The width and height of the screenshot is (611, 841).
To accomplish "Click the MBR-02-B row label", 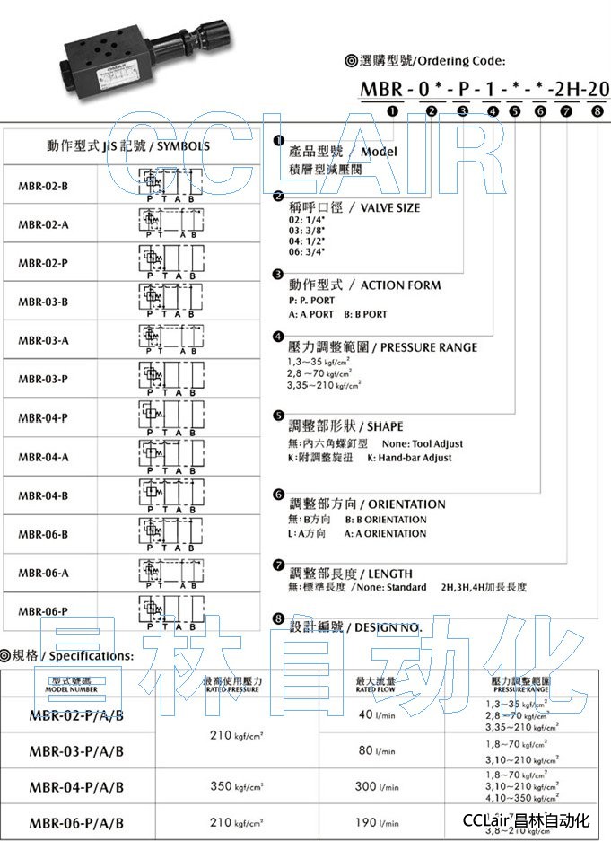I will (x=43, y=186).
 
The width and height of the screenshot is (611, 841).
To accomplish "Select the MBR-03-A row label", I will (x=43, y=340).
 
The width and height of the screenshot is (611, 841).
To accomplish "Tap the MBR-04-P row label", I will (x=43, y=417).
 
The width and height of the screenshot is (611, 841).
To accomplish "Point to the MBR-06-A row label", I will (x=43, y=572).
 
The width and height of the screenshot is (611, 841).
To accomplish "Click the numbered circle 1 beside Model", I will (x=279, y=142).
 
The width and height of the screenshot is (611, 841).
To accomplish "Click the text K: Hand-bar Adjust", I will (x=409, y=458).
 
